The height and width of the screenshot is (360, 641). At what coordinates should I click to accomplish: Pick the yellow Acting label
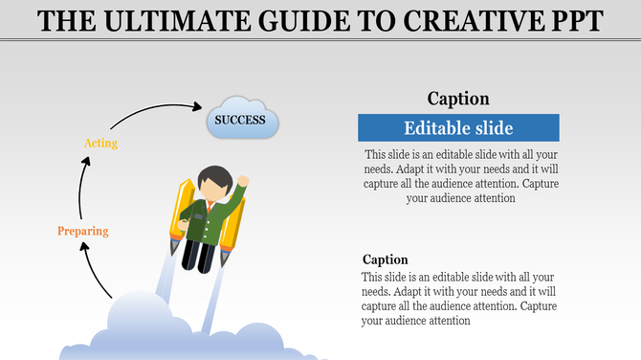point(100,144)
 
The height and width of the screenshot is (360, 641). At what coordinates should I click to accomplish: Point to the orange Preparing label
point(82,231)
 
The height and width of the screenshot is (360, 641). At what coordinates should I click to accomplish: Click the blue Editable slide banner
point(458,128)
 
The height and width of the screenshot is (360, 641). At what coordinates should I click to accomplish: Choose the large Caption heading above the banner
point(458,99)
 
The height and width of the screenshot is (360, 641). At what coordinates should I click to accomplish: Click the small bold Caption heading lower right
point(385,259)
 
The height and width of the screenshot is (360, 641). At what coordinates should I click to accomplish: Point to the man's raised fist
point(243,180)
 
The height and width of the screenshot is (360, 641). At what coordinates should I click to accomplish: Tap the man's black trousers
point(200,253)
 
